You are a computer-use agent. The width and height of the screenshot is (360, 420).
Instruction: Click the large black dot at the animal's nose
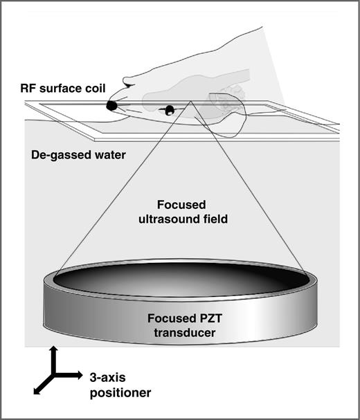[111, 105]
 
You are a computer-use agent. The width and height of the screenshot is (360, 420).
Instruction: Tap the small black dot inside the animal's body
[168, 109]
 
